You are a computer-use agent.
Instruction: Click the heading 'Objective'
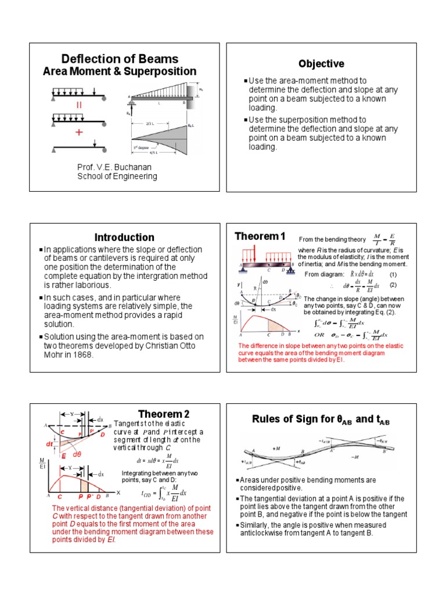(x=321, y=64)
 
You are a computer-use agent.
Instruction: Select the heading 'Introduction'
(x=125, y=237)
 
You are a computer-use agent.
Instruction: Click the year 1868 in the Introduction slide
(x=82, y=355)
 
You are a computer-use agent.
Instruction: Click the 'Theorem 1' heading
(x=260, y=235)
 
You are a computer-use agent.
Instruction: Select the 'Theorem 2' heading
(x=164, y=414)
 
